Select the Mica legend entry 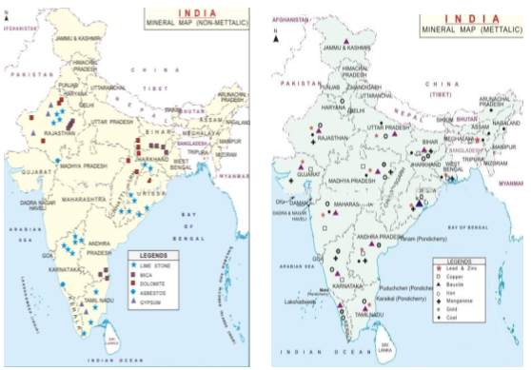(151, 275)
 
